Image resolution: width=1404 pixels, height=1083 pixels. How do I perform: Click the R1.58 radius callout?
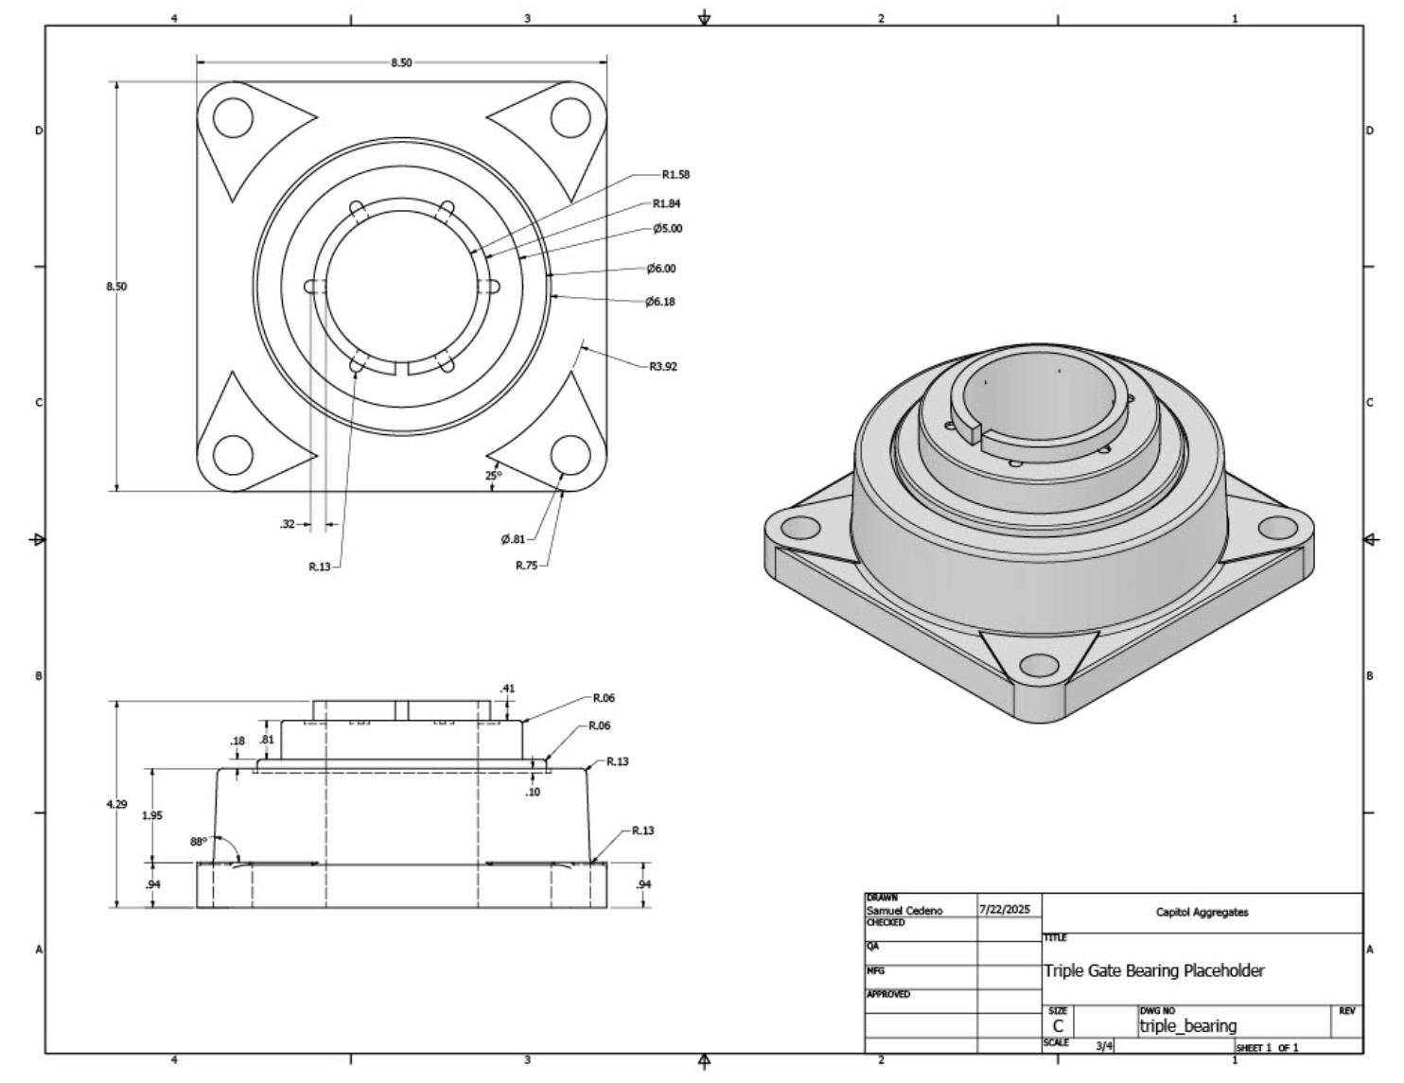click(x=676, y=175)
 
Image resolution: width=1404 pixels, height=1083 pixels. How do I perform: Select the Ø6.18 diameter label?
click(x=660, y=302)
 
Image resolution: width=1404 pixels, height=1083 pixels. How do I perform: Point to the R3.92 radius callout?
click(x=663, y=367)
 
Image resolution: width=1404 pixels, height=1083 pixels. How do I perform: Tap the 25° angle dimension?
click(x=493, y=475)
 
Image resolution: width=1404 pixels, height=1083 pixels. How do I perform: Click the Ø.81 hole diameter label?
click(x=513, y=539)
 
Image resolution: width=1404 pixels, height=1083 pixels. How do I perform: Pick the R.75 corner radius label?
click(x=526, y=566)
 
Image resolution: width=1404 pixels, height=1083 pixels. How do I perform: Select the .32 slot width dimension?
click(x=288, y=524)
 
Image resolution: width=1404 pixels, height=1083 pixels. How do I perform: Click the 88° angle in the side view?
click(x=198, y=841)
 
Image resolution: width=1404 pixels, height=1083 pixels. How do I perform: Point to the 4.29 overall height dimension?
click(x=116, y=804)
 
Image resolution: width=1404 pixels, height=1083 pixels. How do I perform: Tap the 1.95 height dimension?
click(x=151, y=815)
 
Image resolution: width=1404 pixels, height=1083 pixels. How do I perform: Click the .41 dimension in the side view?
click(x=508, y=689)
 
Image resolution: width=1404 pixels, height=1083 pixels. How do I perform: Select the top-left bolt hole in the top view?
click(x=233, y=120)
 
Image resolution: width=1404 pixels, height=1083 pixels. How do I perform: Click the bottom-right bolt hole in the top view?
click(x=570, y=454)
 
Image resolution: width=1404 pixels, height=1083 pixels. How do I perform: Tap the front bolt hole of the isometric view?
click(x=1040, y=664)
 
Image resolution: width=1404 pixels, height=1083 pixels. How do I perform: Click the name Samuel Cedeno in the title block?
click(x=904, y=911)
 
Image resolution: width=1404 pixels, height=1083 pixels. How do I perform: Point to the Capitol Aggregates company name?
click(x=1202, y=913)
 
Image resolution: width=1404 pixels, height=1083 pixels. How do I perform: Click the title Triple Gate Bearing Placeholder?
click(x=1153, y=970)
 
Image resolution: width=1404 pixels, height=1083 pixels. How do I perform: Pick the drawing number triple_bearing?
click(x=1187, y=1026)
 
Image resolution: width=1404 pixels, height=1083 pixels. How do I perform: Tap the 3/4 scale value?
click(x=1104, y=1046)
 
